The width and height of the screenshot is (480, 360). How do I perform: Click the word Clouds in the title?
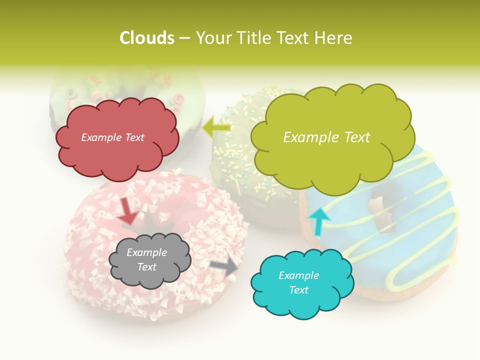point(146,38)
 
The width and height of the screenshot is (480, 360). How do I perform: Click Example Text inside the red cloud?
point(113,137)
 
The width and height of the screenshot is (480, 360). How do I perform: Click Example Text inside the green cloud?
point(326,137)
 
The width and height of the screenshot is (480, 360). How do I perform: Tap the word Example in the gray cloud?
point(146,253)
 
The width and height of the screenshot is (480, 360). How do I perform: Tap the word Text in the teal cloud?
point(299,290)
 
